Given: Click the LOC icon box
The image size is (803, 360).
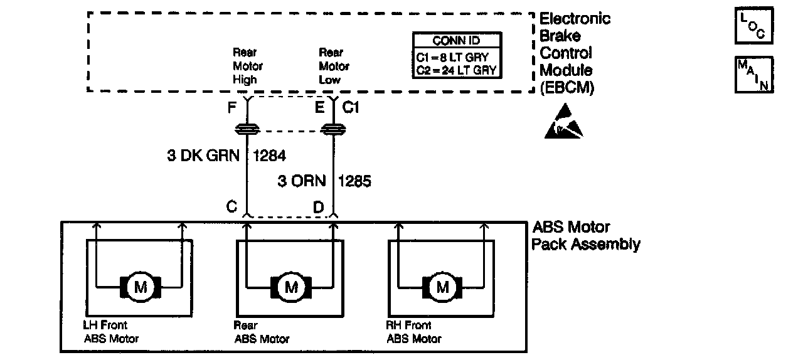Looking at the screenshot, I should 753,26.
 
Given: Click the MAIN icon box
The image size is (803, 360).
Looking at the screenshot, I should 753,75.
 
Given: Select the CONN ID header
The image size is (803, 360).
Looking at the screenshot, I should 457,41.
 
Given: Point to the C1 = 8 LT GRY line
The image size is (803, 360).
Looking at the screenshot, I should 456,57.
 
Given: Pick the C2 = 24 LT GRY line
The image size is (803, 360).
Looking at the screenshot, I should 456,70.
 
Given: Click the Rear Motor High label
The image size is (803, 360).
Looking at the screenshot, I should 247,66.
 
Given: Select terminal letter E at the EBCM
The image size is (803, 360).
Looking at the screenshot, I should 320,108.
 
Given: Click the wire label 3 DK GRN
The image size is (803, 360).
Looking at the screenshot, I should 203,156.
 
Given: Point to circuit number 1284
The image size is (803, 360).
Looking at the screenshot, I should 270,156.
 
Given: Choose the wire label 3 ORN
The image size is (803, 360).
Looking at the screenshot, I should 302,181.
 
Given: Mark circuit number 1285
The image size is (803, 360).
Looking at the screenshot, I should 354,181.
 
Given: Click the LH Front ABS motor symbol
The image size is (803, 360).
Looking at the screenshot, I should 140,287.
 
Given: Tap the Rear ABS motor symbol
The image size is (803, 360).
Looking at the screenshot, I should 291,287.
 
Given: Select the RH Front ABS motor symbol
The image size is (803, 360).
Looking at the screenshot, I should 443,287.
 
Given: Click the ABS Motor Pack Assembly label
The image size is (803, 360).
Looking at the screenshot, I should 585,236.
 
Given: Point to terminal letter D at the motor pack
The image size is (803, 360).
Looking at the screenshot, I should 319,207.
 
